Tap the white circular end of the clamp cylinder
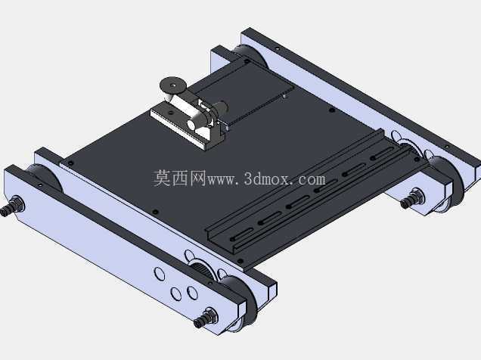coord(192,125)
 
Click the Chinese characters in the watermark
coord(179,178)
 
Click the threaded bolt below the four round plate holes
coord(206,318)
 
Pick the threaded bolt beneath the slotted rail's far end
coord(412,198)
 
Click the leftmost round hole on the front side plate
coord(160,273)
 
